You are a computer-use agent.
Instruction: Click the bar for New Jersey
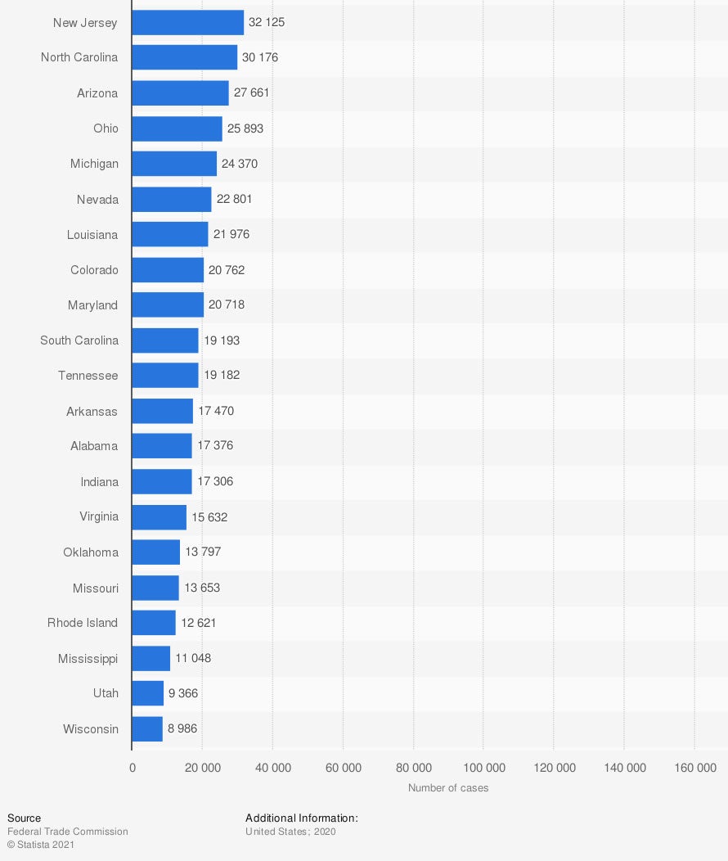coord(187,23)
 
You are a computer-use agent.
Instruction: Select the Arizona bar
coord(180,93)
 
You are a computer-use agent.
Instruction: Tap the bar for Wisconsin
coord(147,728)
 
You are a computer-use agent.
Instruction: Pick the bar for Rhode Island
coord(154,623)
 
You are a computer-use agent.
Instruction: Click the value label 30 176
coord(260,58)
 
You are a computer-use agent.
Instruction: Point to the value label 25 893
coord(245,128)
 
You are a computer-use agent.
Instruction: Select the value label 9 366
coord(183,693)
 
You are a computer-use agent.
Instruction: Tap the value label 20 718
coord(227,305)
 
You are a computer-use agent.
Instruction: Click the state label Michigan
coord(94,164)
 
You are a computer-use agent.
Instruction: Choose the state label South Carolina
coord(79,340)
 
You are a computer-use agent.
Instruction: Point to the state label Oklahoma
coord(91,552)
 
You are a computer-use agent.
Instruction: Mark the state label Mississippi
coord(88,658)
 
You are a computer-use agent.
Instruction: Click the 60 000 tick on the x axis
coord(344,768)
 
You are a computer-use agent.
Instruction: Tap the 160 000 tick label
coord(694,768)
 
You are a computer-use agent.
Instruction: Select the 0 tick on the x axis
coord(133,768)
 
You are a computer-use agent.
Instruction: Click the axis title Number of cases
coord(448,788)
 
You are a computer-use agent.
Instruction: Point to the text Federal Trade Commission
coord(68,832)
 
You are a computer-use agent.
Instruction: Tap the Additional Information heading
coord(302,818)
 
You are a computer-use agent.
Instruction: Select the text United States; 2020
coord(290,832)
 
